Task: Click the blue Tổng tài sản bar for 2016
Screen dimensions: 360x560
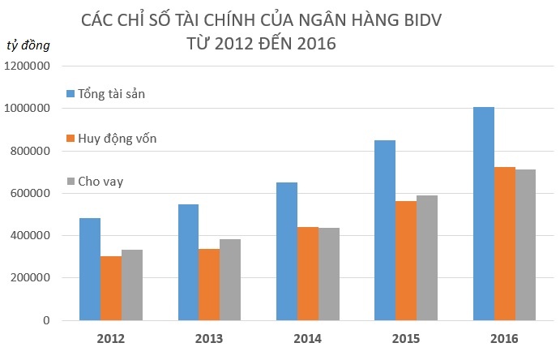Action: pos(484,214)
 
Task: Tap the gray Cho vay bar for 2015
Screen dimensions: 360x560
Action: pos(427,258)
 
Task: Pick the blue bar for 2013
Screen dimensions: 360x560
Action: pos(188,262)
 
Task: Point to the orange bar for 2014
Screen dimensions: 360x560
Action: pos(308,273)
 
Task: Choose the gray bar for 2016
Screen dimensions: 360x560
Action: pos(526,245)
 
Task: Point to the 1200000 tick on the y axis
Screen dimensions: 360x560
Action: pos(28,66)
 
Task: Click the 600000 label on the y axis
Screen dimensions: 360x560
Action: pos(32,194)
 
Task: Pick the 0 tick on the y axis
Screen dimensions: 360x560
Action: pos(47,321)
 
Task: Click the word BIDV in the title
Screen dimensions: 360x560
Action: pos(428,19)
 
